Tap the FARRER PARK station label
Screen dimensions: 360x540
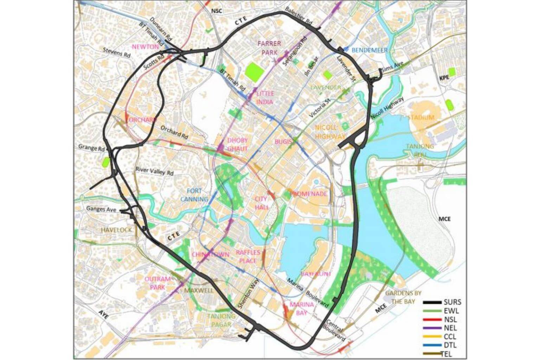point(269,48)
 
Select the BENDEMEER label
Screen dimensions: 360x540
point(369,50)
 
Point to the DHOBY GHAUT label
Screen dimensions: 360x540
point(237,144)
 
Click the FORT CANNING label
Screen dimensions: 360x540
point(194,195)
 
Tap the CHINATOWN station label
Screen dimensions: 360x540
point(211,254)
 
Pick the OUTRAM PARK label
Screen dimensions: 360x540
point(157,283)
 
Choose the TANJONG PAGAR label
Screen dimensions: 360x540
point(221,320)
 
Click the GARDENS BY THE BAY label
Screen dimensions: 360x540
point(403,297)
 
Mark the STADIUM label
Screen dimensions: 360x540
point(421,117)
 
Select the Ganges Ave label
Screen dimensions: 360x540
point(101,209)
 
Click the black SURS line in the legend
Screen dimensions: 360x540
point(432,303)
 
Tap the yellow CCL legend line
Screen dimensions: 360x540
point(432,336)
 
